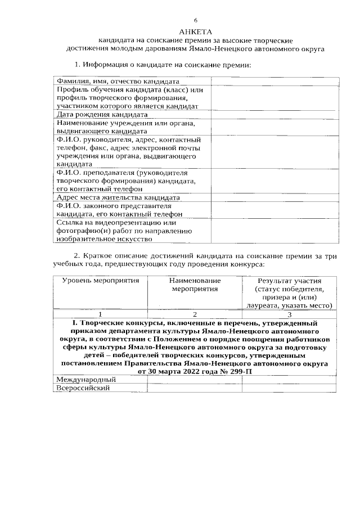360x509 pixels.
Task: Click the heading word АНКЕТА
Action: [195, 31]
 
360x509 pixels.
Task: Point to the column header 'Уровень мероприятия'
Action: [100, 280]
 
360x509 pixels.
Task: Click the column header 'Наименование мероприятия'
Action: [195, 284]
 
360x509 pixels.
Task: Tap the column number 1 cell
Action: [100, 314]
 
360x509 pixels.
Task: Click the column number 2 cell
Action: [195, 314]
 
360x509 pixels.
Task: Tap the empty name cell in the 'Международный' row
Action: [195, 380]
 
